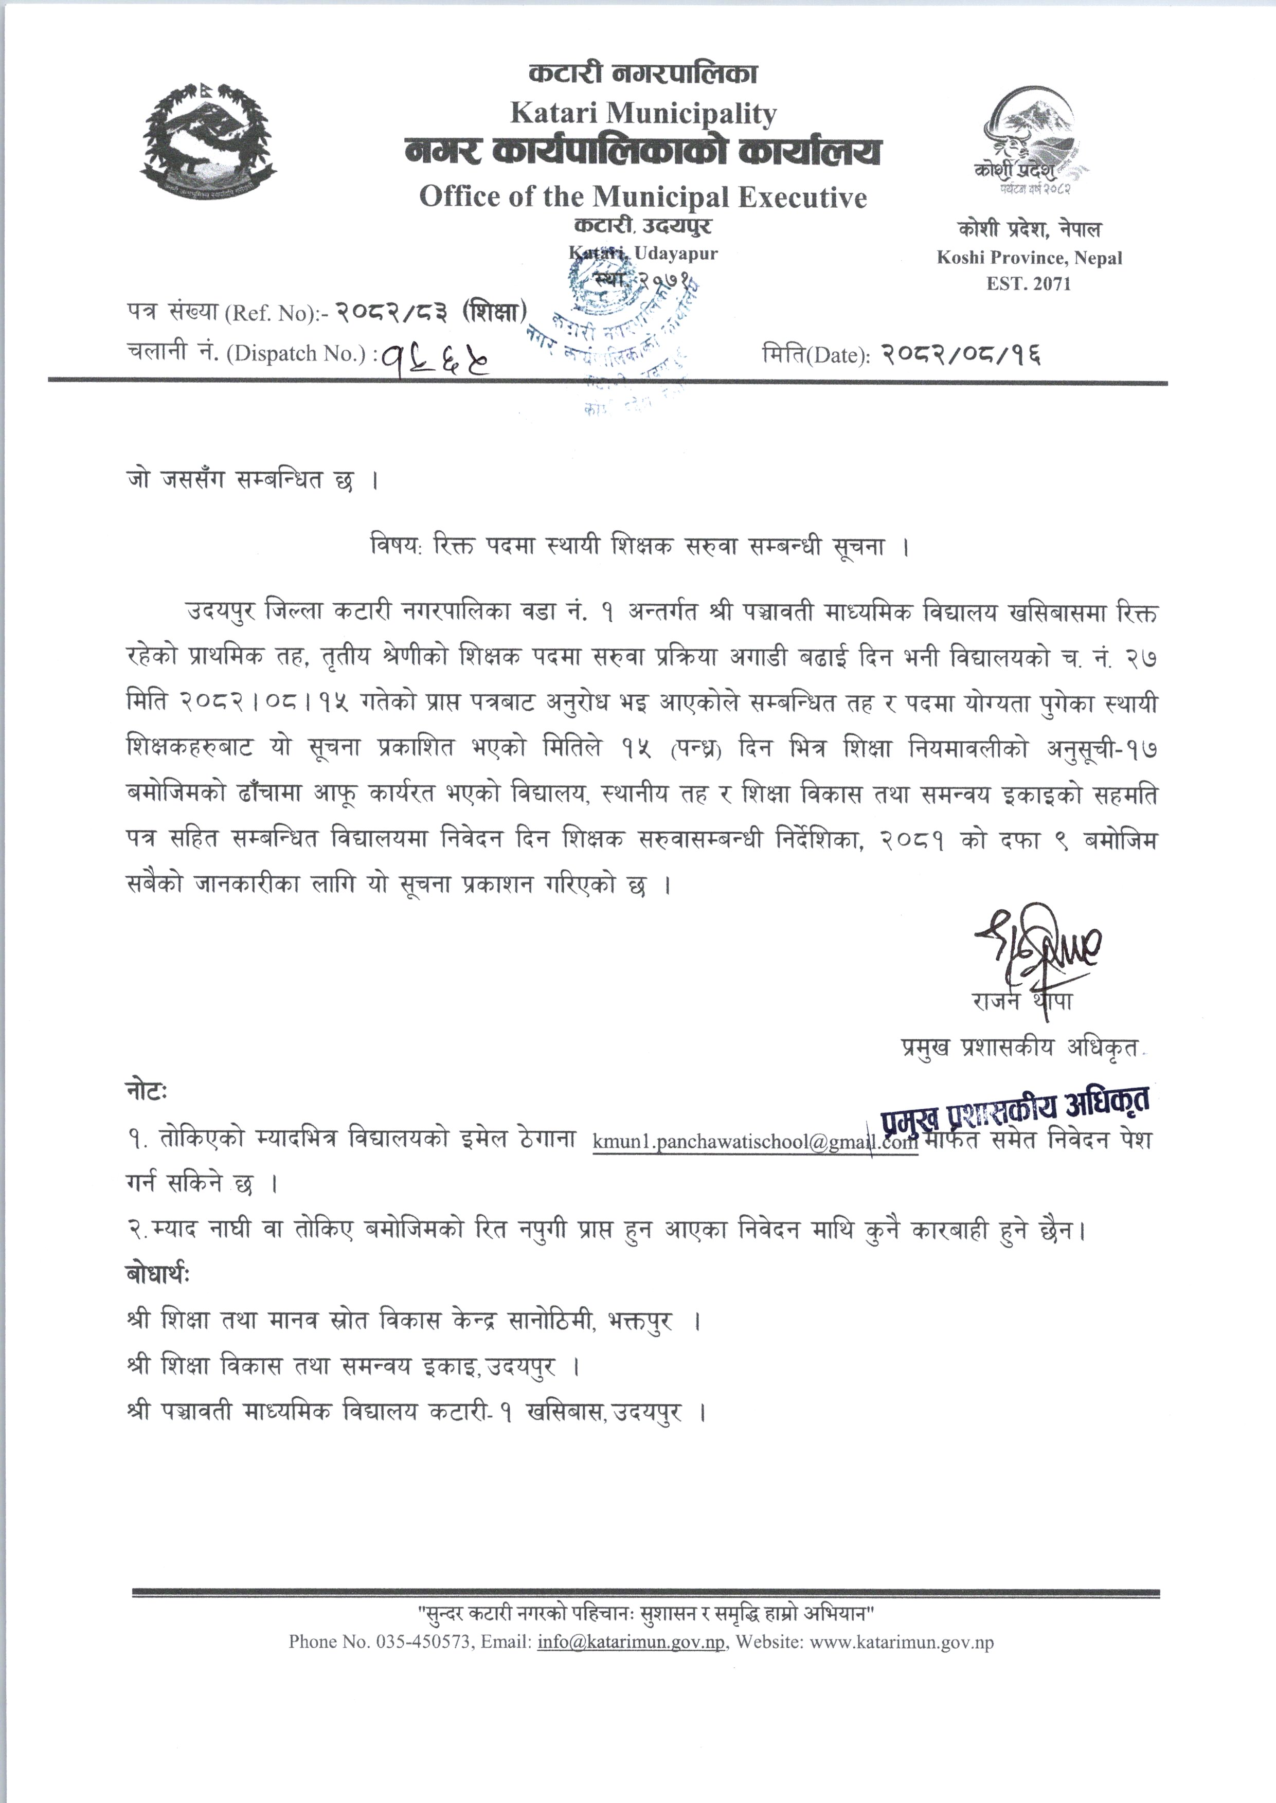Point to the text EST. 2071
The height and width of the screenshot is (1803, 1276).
point(1029,283)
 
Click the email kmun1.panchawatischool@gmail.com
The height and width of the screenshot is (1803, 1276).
point(755,1142)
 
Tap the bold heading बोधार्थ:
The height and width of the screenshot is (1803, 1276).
point(157,1275)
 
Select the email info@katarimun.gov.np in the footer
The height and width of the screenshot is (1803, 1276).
point(631,1642)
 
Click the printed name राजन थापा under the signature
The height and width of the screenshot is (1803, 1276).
point(1021,1002)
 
